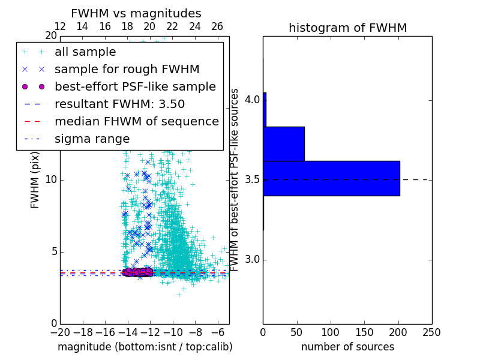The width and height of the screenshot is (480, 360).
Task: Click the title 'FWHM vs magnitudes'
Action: point(136,13)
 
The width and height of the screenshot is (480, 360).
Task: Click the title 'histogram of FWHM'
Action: point(347,28)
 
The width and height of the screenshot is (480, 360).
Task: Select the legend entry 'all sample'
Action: point(85,52)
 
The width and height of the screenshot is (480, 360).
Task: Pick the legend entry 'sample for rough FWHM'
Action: point(127,69)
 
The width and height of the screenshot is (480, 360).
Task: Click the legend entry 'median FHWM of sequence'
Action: point(136,121)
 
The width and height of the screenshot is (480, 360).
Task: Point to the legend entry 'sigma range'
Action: point(92,139)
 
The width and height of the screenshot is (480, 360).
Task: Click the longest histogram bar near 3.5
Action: point(331,178)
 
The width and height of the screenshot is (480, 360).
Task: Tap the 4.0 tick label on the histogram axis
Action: point(252,99)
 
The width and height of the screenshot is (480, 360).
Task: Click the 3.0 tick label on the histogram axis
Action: point(252,259)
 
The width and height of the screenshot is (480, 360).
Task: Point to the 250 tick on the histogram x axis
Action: point(431,332)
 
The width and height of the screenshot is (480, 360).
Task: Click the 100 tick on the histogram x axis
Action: point(331,332)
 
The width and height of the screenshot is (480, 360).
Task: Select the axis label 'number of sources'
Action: point(347,347)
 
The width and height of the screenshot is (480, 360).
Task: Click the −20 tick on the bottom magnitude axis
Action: point(60,332)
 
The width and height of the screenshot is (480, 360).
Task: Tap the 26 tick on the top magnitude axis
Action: point(217,26)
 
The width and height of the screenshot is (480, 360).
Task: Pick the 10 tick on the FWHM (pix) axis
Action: point(51,180)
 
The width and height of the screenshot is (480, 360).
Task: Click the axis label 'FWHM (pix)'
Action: point(35,180)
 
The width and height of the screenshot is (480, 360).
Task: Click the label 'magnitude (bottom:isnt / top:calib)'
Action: point(145,347)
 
